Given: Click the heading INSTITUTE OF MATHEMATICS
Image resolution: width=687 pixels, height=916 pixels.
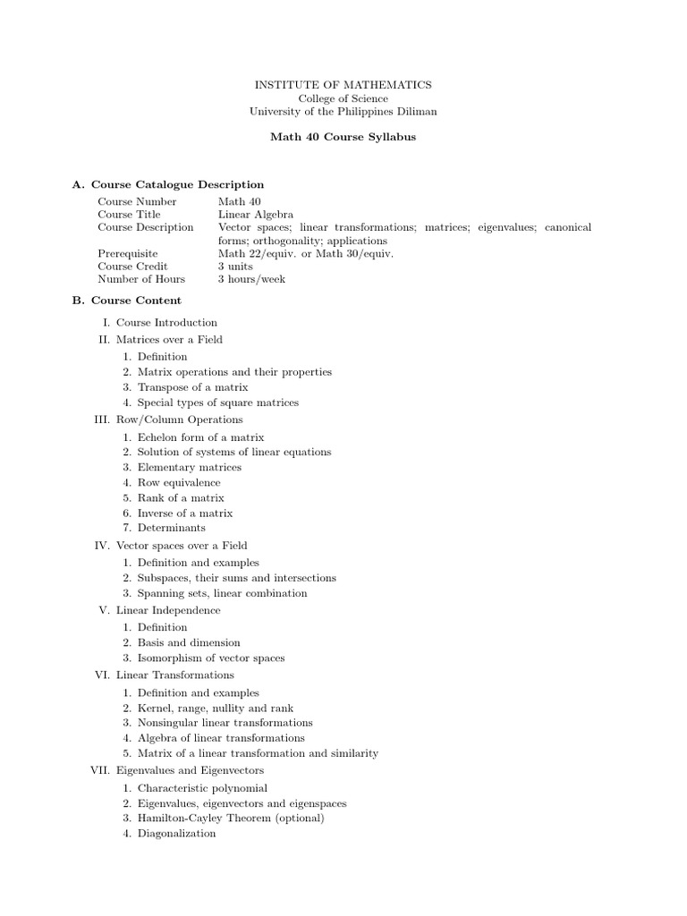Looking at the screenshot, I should (343, 84).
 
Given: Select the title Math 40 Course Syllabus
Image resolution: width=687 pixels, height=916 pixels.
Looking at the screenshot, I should (343, 139).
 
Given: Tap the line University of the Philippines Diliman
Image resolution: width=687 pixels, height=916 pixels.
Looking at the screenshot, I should (343, 112).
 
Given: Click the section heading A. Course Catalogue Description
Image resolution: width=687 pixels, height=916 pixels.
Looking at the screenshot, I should (167, 185).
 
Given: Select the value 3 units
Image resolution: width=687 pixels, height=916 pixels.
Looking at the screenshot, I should (236, 267).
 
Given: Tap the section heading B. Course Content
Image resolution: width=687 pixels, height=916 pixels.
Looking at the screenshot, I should (126, 301).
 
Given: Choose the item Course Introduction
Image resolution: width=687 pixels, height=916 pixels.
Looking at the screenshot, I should (166, 323).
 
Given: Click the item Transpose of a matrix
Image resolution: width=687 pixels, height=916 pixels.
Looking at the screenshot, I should (193, 387).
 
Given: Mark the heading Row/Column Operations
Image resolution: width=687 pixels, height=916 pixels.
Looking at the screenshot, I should (180, 420).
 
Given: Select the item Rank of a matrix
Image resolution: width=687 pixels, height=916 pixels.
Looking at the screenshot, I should (181, 497).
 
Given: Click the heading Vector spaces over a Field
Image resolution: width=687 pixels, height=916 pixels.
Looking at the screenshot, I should (182, 546).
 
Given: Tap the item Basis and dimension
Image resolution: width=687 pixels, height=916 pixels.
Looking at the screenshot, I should (189, 642).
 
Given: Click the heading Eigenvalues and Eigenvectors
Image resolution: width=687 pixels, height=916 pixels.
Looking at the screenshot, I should (190, 770).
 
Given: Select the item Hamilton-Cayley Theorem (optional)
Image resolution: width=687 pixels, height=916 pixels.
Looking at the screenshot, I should (231, 818).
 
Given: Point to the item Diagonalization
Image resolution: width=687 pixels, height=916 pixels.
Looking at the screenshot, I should (177, 833).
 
